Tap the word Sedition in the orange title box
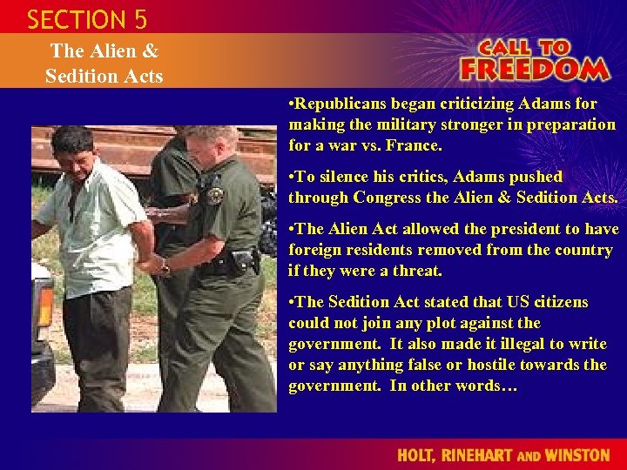(x=79, y=76)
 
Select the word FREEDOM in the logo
(x=535, y=69)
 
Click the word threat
(x=416, y=271)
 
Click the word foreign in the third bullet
(x=318, y=250)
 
